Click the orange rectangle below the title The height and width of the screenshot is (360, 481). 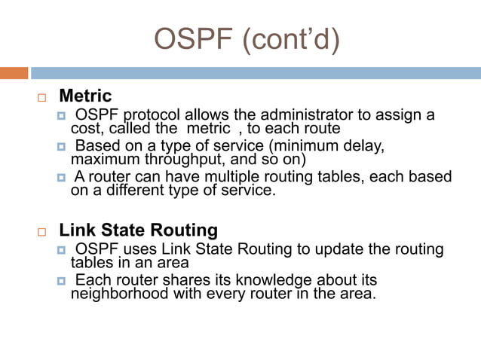click(14, 73)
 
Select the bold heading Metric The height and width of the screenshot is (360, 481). click(85, 96)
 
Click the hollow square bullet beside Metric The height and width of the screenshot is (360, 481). click(41, 98)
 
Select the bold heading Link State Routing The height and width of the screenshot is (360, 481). click(138, 230)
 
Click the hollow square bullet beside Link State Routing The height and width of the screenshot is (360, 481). click(41, 231)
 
